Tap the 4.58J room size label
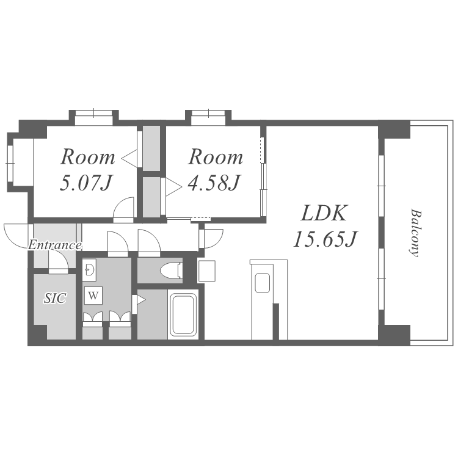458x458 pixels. click(214, 183)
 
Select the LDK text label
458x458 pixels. click(324, 213)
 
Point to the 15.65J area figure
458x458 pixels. click(324, 239)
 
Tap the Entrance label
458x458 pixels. click(54, 245)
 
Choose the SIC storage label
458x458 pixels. click(55, 298)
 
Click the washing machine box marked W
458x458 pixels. click(93, 296)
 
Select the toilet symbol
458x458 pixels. click(172, 271)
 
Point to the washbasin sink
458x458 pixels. click(89, 268)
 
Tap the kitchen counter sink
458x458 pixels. click(262, 283)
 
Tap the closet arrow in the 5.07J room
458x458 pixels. click(129, 159)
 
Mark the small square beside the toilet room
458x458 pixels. click(206, 271)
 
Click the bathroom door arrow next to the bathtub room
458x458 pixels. click(141, 300)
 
